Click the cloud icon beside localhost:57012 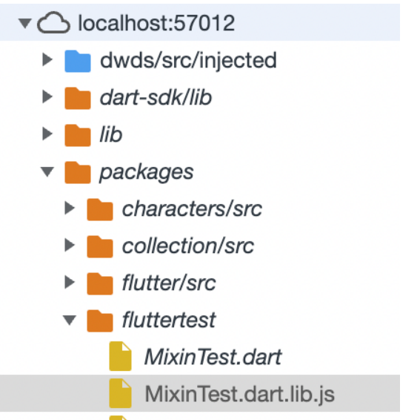coord(53,23)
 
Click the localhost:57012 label coord(156,23)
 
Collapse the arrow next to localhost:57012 coord(25,23)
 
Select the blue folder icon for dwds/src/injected coord(78,61)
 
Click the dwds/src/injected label coord(188,61)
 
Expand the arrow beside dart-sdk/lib coord(47,96)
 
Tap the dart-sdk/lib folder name coord(156,97)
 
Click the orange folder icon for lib coord(78,135)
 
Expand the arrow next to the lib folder coord(47,134)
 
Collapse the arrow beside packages coord(47,171)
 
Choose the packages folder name coord(146,173)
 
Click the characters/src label coord(192,209)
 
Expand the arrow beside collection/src coord(70,245)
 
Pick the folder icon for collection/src coord(100,246)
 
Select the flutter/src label coord(169,283)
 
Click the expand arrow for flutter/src coord(70,282)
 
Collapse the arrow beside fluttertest coord(70,321)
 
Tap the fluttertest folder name coord(169,320)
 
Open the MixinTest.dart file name coord(213,357)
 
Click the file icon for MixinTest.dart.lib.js coord(120,393)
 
